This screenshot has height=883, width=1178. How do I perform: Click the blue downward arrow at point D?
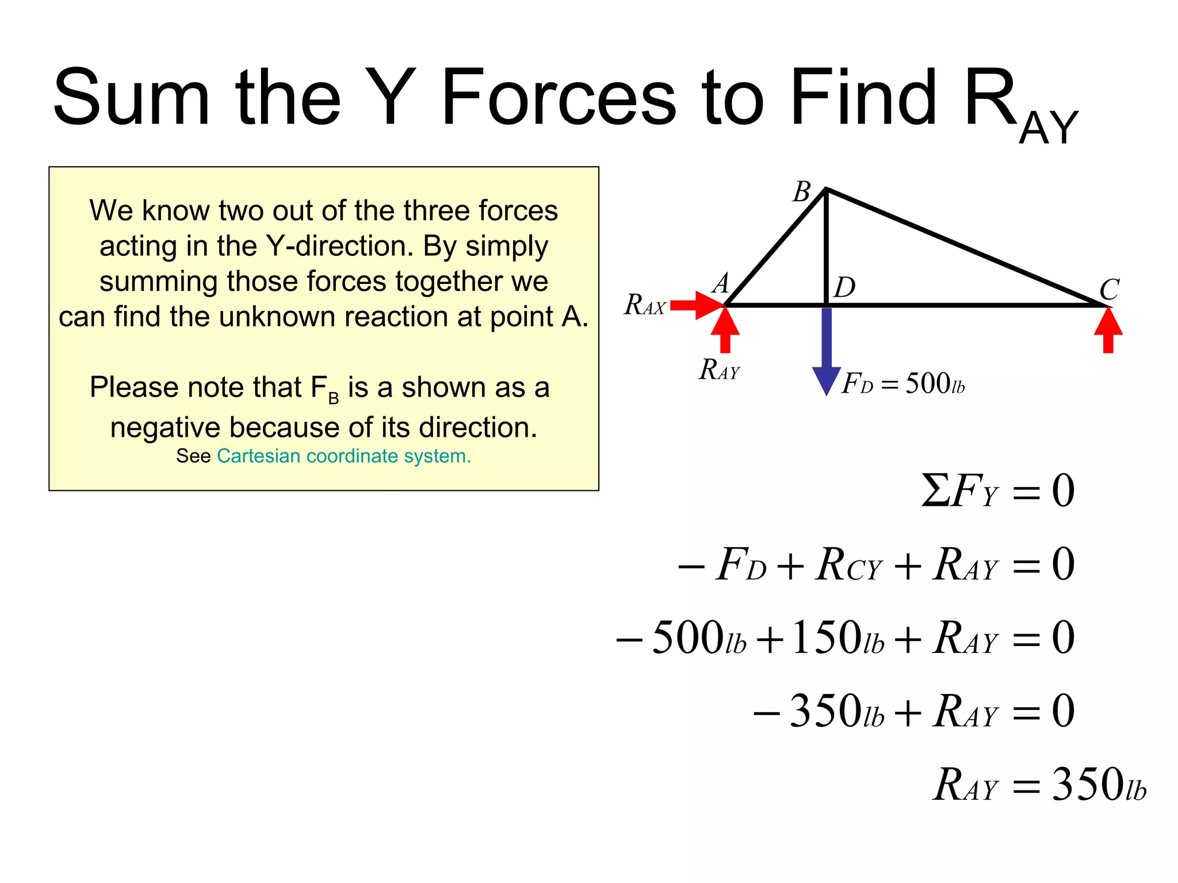(x=827, y=351)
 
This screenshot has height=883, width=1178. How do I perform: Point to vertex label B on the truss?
(x=802, y=191)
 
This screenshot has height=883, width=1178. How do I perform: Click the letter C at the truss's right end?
(x=1109, y=290)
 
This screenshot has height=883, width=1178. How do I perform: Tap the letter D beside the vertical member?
(x=845, y=287)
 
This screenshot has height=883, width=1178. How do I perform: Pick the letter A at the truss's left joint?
(x=721, y=283)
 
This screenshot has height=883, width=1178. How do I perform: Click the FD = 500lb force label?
(x=903, y=383)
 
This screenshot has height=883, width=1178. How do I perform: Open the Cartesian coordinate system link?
(x=344, y=456)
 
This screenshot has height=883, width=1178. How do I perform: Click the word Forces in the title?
(x=559, y=98)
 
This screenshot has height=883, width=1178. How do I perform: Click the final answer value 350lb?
(x=1099, y=785)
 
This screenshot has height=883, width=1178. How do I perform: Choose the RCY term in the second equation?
(x=848, y=565)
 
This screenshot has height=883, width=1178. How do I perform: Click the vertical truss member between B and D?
(x=826, y=247)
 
